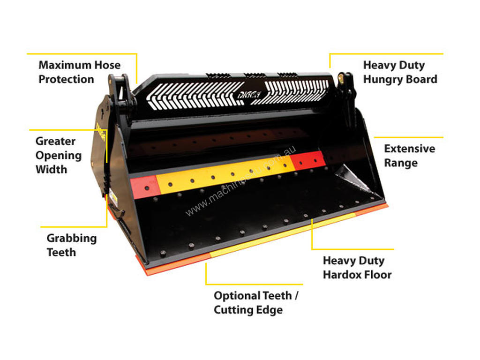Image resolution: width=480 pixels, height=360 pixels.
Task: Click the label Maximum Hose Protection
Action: coord(80,72)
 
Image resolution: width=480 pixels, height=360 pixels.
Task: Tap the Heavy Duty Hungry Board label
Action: coord(400,72)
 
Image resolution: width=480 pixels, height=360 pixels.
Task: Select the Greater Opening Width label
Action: coord(59,155)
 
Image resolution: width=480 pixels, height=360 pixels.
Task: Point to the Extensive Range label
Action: coord(410,156)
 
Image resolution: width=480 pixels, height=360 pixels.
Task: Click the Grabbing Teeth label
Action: coord(72,245)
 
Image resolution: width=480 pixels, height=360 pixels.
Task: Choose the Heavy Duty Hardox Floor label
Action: coord(357,268)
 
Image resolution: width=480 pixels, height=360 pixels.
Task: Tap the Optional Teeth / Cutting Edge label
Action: coord(256,302)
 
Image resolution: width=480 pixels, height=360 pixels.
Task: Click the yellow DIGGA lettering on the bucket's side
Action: coord(101,132)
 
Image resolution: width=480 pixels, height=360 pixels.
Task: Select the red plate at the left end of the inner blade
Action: coord(145,187)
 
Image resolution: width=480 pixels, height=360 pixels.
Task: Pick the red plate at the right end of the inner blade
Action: coord(307,161)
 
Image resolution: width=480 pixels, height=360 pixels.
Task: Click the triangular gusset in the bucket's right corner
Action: coord(355,180)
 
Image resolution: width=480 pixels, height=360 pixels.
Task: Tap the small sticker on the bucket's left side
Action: coord(113,198)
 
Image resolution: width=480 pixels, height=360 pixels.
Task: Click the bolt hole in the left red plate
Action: coord(147,188)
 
